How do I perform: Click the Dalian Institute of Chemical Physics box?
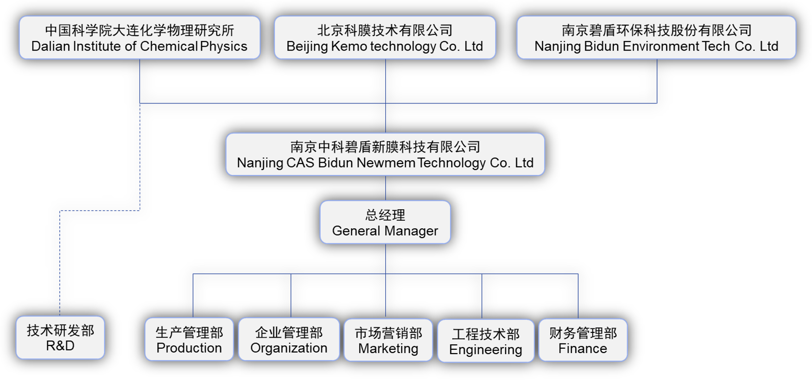140,38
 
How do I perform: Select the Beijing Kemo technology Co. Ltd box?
385,38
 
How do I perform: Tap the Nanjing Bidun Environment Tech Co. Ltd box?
656,38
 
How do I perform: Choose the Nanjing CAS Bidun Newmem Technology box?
385,154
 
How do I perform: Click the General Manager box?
385,222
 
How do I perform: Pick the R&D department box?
60,338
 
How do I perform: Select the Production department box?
189,340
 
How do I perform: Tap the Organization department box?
289,340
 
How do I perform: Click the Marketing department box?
388,340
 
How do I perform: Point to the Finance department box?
583,340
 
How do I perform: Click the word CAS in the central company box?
300,163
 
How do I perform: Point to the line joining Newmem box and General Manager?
386,188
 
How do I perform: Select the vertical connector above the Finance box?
578,296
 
